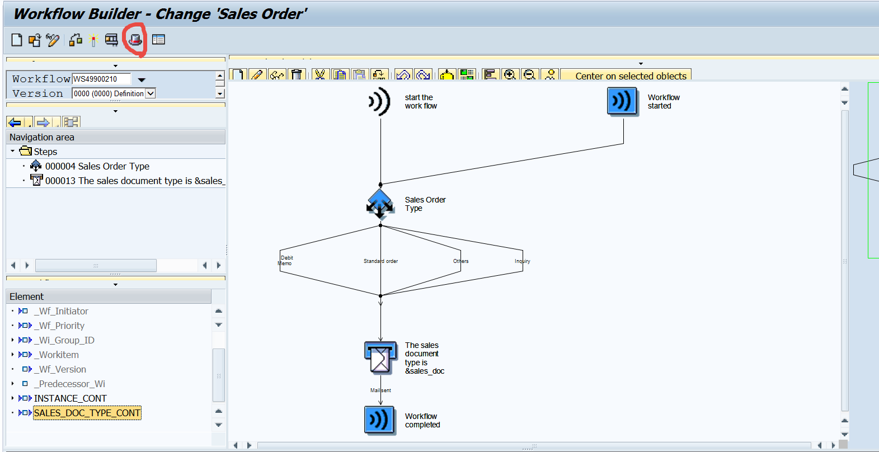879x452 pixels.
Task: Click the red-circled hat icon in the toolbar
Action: [135, 40]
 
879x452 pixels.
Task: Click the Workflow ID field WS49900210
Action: [101, 79]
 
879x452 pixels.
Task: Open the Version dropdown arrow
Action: [150, 93]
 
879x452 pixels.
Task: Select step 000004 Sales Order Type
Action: [97, 166]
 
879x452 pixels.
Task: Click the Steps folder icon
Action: [25, 151]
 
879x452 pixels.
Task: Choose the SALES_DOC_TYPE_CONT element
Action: [87, 413]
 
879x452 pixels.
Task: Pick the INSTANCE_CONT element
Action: [70, 398]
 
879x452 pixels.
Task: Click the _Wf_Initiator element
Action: [63, 311]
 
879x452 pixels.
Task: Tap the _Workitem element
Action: [59, 355]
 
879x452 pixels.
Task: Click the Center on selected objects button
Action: [631, 76]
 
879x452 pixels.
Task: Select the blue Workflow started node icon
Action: [622, 101]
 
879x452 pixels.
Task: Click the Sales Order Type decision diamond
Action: [380, 204]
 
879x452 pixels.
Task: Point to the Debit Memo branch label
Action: [286, 261]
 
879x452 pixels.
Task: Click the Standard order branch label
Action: [380, 261]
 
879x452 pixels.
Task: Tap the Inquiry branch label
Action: [522, 261]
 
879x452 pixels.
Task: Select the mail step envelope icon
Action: [380, 358]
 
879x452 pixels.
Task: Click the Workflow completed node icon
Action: [380, 420]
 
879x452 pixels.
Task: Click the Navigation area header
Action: [42, 137]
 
